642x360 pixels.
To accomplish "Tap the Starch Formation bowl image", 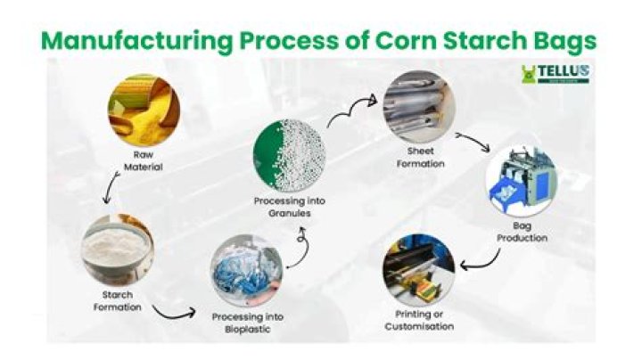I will pos(117,248).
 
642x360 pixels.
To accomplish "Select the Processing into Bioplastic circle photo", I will pos(245,271).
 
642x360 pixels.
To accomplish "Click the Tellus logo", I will pos(555,74).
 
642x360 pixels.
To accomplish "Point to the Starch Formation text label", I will pos(117,301).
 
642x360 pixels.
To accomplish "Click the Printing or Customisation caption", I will pos(419,321).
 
